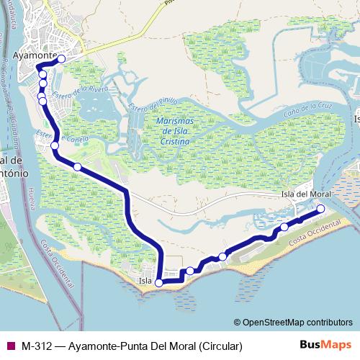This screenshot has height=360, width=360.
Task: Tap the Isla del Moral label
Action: coord(305,194)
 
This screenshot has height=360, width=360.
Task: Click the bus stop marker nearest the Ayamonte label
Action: coord(61,59)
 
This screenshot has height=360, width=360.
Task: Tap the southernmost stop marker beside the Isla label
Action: coord(159,284)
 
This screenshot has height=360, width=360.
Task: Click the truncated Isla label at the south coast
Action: coord(146,281)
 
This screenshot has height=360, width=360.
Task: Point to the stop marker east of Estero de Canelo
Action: coord(77,167)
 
